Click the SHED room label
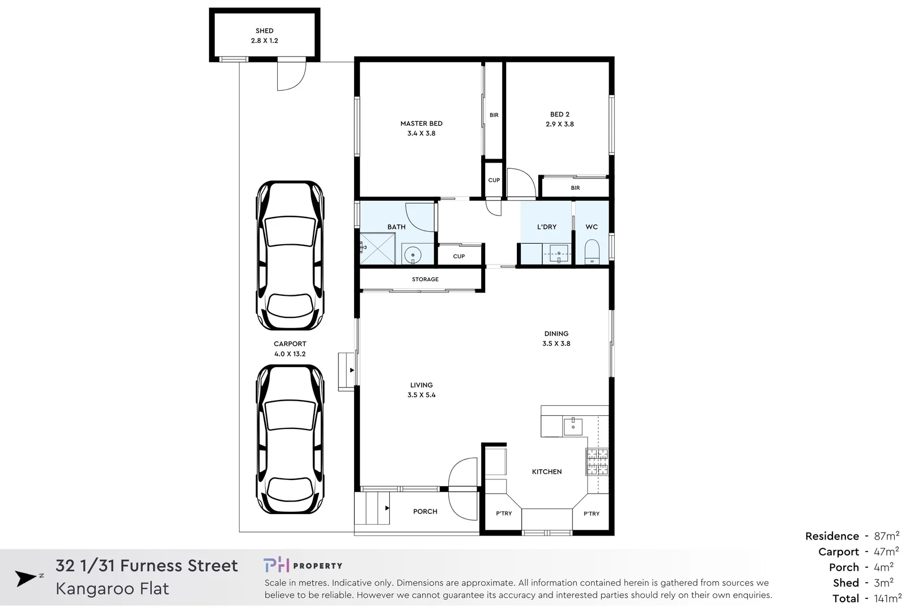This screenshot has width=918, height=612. point(264,36)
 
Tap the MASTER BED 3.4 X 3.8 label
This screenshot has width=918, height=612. point(421,128)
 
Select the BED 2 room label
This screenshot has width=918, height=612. point(559,119)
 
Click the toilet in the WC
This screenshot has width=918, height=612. point(591,252)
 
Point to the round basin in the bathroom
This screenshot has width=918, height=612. point(413,255)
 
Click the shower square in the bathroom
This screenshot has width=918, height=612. point(377,248)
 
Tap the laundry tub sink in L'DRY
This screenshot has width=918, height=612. point(559,253)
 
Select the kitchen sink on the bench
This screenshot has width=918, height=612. point(572,427)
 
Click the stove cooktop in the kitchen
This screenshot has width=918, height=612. point(597,461)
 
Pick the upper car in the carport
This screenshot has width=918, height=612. point(290,255)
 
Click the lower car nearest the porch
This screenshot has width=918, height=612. point(290,439)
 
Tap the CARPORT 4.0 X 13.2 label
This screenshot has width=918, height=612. point(290,348)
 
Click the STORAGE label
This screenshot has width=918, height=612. point(425,279)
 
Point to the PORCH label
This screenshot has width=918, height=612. point(425,512)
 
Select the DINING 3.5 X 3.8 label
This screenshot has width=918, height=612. point(556,338)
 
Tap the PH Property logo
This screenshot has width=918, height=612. point(303,565)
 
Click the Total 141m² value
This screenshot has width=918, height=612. point(887,598)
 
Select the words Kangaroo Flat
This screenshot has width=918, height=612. point(112,589)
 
